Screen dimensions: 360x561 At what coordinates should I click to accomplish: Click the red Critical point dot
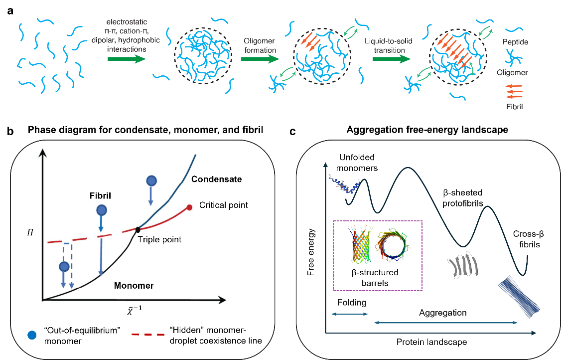point(189,207)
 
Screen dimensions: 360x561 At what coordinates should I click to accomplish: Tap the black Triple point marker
point(137,230)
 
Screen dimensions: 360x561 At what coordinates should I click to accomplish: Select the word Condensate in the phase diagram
point(216,179)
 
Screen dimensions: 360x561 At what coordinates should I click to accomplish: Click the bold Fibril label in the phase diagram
point(97,196)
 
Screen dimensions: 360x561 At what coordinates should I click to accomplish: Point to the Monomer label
point(134,286)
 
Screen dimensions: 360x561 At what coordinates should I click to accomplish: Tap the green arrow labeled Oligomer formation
point(260,59)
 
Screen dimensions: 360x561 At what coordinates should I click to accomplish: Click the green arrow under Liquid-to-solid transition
point(392,59)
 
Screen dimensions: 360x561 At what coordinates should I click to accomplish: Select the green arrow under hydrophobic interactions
point(127,59)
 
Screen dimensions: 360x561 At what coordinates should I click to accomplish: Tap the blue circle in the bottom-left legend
point(32,335)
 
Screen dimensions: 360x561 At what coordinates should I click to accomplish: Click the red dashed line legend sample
point(147,335)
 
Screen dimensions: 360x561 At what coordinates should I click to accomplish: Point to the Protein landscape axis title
point(431,343)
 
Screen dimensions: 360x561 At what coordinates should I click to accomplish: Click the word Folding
point(351,303)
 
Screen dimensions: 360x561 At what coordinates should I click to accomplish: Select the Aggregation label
point(442,313)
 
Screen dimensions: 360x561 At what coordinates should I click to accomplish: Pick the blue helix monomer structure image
point(344,184)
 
